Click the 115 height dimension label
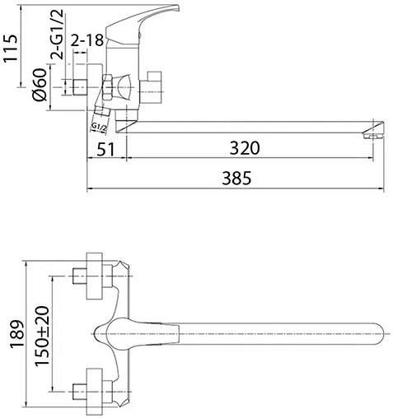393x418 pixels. click(x=11, y=49)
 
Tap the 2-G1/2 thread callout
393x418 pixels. click(x=57, y=35)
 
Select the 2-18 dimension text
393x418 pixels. click(x=87, y=40)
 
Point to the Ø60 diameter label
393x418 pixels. click(x=40, y=85)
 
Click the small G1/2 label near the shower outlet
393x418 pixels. click(x=98, y=127)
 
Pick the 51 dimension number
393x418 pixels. click(x=105, y=149)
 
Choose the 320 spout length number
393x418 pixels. click(x=245, y=148)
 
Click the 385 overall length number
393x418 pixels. click(x=236, y=178)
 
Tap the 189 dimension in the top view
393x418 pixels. click(x=17, y=334)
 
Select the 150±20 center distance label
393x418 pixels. click(x=42, y=336)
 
